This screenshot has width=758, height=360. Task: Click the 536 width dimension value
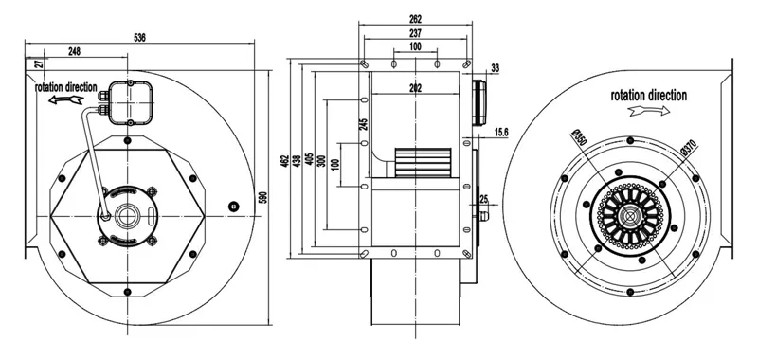tap(139, 37)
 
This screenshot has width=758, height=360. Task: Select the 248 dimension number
tap(74, 51)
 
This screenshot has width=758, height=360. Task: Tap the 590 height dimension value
tap(263, 197)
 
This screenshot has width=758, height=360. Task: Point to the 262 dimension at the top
tap(415, 19)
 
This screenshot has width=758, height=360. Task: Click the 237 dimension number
tap(415, 33)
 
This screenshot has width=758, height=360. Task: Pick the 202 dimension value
tap(415, 88)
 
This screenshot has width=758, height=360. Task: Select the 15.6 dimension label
tap(501, 132)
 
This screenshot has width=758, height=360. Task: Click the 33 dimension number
tap(495, 68)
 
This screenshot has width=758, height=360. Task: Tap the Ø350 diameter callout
tap(578, 139)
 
